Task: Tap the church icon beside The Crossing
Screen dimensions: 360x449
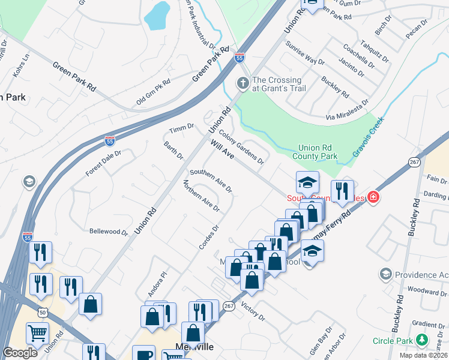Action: click(x=243, y=84)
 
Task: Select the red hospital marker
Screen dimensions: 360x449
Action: click(x=373, y=197)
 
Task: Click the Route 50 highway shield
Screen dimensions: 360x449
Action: click(x=42, y=313)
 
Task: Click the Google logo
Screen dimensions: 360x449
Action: click(x=20, y=353)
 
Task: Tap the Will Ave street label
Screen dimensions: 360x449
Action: click(x=221, y=149)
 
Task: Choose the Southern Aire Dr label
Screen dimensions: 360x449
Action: click(x=211, y=181)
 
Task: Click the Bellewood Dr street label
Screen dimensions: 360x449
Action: click(x=109, y=232)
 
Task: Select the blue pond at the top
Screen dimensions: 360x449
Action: click(x=157, y=16)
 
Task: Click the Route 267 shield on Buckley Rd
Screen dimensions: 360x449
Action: click(x=414, y=162)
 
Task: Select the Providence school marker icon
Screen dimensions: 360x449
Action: click(x=386, y=274)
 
